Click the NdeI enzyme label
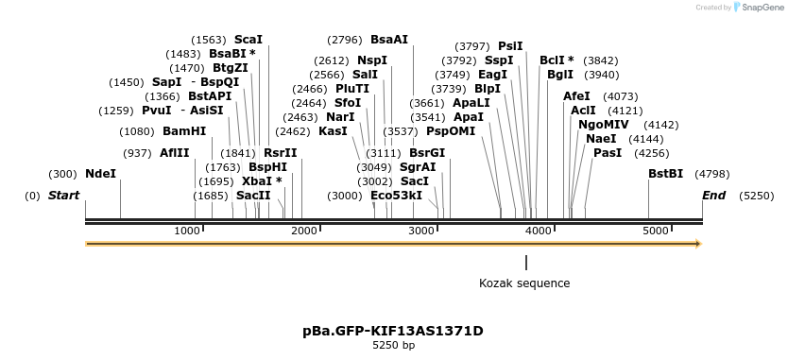[x=100, y=174]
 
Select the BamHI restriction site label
[x=184, y=131]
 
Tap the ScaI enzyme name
[x=248, y=40]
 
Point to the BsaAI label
[x=389, y=40]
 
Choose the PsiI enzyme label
[x=510, y=45]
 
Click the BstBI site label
[x=665, y=174]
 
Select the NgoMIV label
[x=603, y=125]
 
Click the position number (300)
[x=62, y=174]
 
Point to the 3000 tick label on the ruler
[x=420, y=231]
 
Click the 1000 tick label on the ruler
[x=187, y=231]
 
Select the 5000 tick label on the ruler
[x=654, y=231]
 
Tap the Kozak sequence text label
[x=524, y=283]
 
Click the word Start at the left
[x=63, y=196]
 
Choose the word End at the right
[x=713, y=196]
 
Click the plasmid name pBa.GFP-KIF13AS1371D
[x=393, y=331]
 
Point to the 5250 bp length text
[x=393, y=346]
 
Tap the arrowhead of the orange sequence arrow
[x=698, y=244]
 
